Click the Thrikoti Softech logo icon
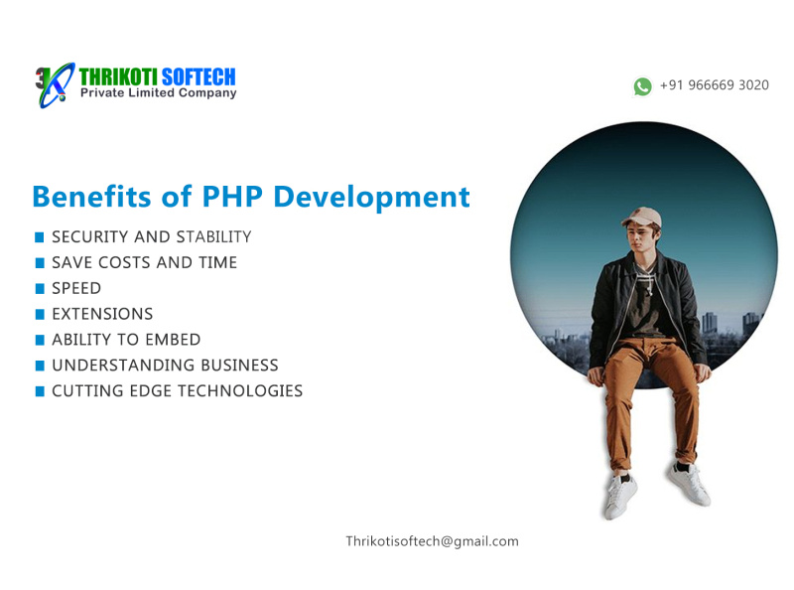(x=55, y=84)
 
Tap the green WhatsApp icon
(x=642, y=86)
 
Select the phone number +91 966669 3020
(x=714, y=85)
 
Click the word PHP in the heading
(x=231, y=197)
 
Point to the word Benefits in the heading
(x=94, y=197)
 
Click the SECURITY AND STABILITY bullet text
(x=151, y=237)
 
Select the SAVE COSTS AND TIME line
(x=144, y=263)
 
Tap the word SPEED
(x=76, y=289)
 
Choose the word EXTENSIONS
(x=102, y=314)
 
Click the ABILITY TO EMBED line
(x=126, y=340)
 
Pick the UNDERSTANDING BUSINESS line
(x=165, y=366)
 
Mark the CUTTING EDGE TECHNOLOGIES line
(x=177, y=391)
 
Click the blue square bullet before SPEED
(x=40, y=289)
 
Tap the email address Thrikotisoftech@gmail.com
(x=432, y=541)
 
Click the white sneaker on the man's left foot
(x=688, y=484)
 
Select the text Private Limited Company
(x=158, y=93)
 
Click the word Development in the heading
(x=371, y=197)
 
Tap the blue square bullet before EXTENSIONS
(x=40, y=314)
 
